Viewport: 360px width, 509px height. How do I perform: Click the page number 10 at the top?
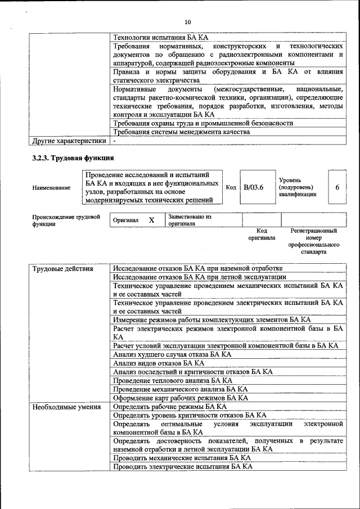[187, 22]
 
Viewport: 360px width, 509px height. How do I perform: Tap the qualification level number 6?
[337, 187]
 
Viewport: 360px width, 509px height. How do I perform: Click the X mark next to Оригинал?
[151, 220]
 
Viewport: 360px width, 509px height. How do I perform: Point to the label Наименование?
[51, 188]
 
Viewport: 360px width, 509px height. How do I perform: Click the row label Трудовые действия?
[62, 268]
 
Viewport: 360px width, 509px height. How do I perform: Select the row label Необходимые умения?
[66, 406]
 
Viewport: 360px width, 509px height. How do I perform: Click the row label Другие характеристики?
[69, 141]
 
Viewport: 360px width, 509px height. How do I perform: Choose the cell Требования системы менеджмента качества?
[181, 132]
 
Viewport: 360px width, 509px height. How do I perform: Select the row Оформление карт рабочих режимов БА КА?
[180, 398]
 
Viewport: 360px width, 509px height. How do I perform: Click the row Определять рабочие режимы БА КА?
[169, 406]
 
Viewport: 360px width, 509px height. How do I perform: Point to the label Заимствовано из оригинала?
[190, 220]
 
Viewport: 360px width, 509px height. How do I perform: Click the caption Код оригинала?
[261, 234]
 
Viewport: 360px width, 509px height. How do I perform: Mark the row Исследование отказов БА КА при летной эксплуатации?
[200, 277]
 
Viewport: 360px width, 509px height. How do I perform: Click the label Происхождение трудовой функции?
[66, 220]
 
